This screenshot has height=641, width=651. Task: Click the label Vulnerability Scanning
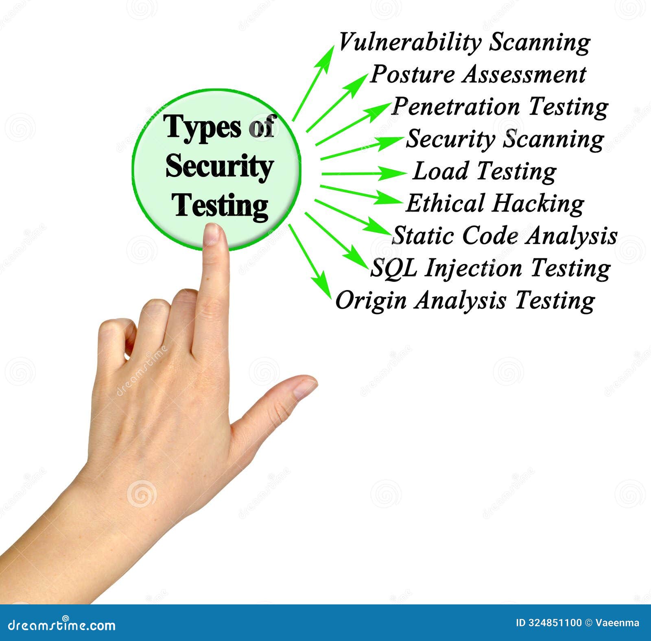[x=464, y=43]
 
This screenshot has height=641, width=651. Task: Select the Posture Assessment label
[x=478, y=75]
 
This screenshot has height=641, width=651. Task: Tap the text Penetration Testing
[x=500, y=107]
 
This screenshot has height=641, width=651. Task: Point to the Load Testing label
[x=484, y=171]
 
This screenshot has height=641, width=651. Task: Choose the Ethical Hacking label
[x=495, y=203]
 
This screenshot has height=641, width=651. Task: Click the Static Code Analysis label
[x=505, y=235]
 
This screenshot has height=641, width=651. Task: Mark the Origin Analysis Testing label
[x=465, y=301]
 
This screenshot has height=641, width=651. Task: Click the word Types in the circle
[x=202, y=128]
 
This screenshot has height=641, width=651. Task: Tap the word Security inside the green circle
[x=219, y=167]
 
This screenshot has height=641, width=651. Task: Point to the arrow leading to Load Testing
[x=362, y=173]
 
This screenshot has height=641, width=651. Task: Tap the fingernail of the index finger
[x=212, y=234]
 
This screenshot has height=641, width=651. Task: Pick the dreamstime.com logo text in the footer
[x=61, y=625]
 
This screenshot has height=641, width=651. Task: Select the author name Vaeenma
[x=617, y=623]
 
